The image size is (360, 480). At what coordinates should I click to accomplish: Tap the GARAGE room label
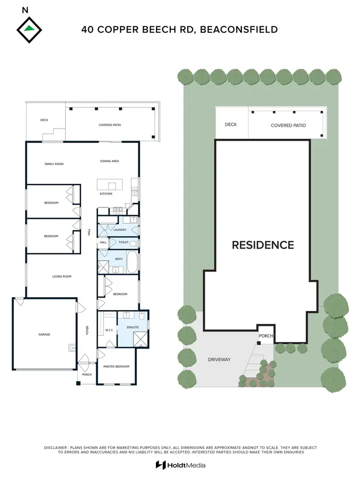click(44, 335)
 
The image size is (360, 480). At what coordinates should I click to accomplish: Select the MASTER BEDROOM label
click(117, 367)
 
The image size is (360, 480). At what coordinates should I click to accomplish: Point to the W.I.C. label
click(109, 331)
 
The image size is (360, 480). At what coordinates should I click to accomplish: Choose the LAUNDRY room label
click(120, 230)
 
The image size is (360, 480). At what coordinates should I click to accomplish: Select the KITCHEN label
click(106, 193)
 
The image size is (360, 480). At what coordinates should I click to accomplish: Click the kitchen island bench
click(110, 185)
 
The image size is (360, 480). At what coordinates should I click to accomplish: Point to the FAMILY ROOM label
click(54, 164)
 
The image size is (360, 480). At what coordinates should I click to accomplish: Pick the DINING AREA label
click(109, 161)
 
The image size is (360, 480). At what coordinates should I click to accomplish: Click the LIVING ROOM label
click(62, 276)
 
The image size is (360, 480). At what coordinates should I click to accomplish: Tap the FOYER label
click(88, 330)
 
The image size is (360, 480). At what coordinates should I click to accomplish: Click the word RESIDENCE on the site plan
click(263, 245)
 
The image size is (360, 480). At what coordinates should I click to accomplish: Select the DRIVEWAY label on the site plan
click(219, 360)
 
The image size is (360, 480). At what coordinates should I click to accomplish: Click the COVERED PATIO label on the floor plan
click(110, 125)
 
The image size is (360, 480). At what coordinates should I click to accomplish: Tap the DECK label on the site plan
click(231, 125)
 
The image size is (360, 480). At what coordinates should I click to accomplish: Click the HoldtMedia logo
click(180, 465)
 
